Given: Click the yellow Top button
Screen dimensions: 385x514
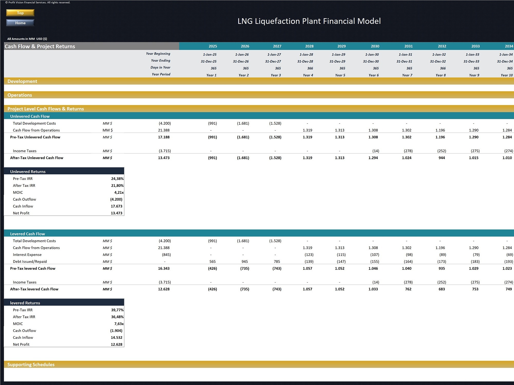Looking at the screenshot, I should (20, 13).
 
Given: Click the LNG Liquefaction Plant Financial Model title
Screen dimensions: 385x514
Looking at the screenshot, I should (309, 21).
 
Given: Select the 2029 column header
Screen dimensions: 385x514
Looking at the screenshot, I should (341, 46).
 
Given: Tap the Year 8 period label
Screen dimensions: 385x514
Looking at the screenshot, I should (440, 75).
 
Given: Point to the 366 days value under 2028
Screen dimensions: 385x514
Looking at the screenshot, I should (310, 68).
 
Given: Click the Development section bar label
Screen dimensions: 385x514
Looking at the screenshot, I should (22, 81).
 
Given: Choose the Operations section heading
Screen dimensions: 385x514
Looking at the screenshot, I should (20, 95).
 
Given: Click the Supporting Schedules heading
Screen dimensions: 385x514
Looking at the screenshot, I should (31, 364).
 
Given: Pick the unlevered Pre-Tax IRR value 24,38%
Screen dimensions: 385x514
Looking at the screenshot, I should (117, 179).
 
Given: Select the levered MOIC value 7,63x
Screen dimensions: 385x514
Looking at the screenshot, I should (119, 324).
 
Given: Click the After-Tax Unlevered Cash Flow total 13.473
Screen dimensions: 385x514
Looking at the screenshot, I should (164, 158).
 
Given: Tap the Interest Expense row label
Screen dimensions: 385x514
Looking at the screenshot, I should (27, 255).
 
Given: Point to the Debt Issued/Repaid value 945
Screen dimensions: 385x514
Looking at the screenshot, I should (244, 262).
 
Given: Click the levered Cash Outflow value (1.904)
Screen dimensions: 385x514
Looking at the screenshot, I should (116, 331).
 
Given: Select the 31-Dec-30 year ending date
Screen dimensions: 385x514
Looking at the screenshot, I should (371, 61).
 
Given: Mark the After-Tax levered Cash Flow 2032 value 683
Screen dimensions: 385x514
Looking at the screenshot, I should (442, 289).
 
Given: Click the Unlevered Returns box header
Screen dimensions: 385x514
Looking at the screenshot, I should (28, 171).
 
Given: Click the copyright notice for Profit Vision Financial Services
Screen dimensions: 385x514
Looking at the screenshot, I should (38, 3).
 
